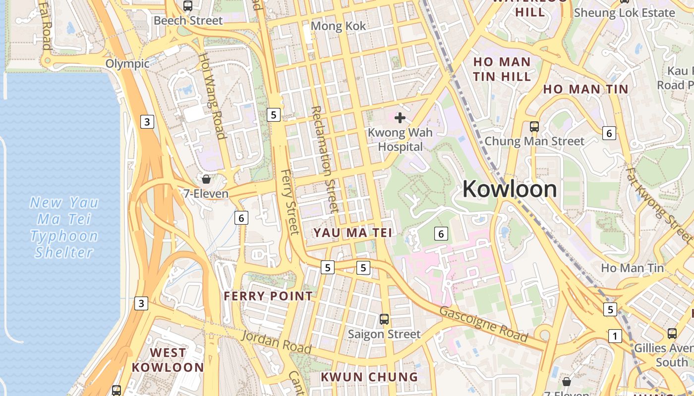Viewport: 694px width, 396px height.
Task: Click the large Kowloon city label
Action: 510,189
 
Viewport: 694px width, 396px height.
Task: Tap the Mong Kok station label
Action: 338,26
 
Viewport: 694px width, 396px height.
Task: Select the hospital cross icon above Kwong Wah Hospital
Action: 400,118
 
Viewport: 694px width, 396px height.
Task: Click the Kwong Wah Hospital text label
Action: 400,140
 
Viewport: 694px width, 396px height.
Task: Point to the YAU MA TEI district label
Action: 352,233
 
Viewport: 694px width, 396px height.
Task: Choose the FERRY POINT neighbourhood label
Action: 268,296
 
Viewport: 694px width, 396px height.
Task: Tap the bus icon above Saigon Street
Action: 384,319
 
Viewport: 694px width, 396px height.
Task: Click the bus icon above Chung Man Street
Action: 534,126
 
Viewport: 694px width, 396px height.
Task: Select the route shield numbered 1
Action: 615,336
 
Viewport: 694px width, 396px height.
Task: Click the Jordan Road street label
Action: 276,343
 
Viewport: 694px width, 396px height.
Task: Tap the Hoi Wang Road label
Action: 213,96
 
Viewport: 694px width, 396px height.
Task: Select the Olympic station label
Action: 127,64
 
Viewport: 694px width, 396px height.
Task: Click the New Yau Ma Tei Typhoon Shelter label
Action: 64,227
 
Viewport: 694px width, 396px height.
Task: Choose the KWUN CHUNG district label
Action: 369,377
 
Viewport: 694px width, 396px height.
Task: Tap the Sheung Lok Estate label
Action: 624,13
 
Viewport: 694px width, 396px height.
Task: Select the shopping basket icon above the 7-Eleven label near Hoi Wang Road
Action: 206,179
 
